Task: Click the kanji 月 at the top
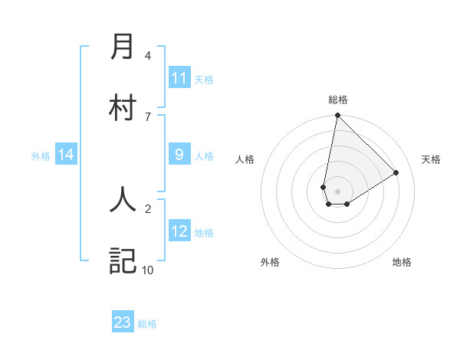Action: coord(123,47)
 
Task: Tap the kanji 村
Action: coord(123,107)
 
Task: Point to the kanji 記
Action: coord(123,260)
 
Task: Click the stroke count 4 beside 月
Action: coord(148,55)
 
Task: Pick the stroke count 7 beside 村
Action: coord(148,116)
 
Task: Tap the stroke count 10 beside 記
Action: coord(148,270)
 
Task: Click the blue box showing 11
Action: coord(179,78)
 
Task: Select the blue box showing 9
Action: coord(179,155)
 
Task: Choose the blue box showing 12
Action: coord(179,231)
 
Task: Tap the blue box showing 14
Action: coord(66,155)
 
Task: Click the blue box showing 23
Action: coord(123,322)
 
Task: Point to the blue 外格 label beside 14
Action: coord(41,155)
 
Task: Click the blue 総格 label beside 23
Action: coord(147,323)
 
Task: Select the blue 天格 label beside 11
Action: coord(204,79)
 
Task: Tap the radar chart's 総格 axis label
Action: coord(337,100)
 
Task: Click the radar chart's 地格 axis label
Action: coord(402,262)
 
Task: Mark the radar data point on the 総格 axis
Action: coord(337,116)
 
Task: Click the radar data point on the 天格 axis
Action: coord(396,172)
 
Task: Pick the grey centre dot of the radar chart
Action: coord(337,191)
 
